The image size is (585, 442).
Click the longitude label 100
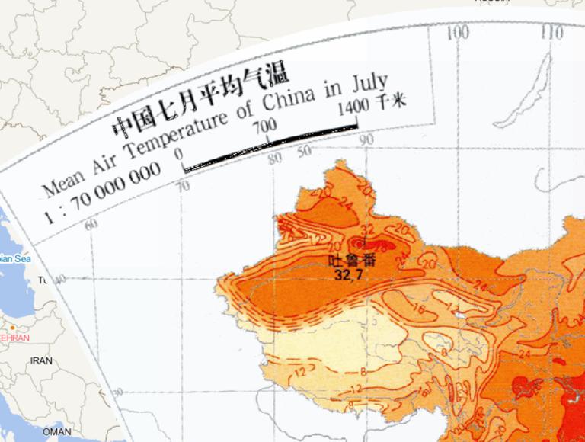coord(458,32)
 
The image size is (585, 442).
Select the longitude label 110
coord(552,32)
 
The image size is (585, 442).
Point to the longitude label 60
coord(91,224)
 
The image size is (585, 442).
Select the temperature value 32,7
coord(347,274)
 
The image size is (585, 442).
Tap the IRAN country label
coord(41,360)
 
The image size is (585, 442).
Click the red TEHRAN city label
coord(15,338)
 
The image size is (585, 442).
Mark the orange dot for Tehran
coord(12,328)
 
